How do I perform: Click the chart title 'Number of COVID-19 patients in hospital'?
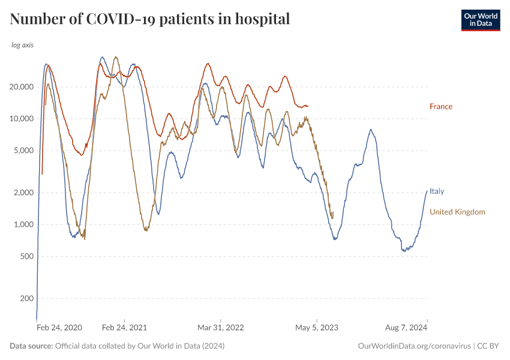click(x=150, y=19)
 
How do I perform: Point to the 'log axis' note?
click(x=23, y=45)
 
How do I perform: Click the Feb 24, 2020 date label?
click(x=59, y=328)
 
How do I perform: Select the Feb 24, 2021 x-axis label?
click(x=124, y=328)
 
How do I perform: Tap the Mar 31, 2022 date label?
click(x=221, y=328)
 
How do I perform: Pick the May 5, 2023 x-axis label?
click(x=317, y=328)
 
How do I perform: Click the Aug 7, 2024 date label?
click(x=407, y=328)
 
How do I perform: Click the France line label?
click(x=441, y=107)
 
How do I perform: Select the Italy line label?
click(x=437, y=191)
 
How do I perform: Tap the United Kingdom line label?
click(x=457, y=212)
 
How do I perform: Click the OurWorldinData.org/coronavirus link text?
click(x=413, y=346)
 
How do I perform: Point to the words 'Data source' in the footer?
click(x=31, y=346)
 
